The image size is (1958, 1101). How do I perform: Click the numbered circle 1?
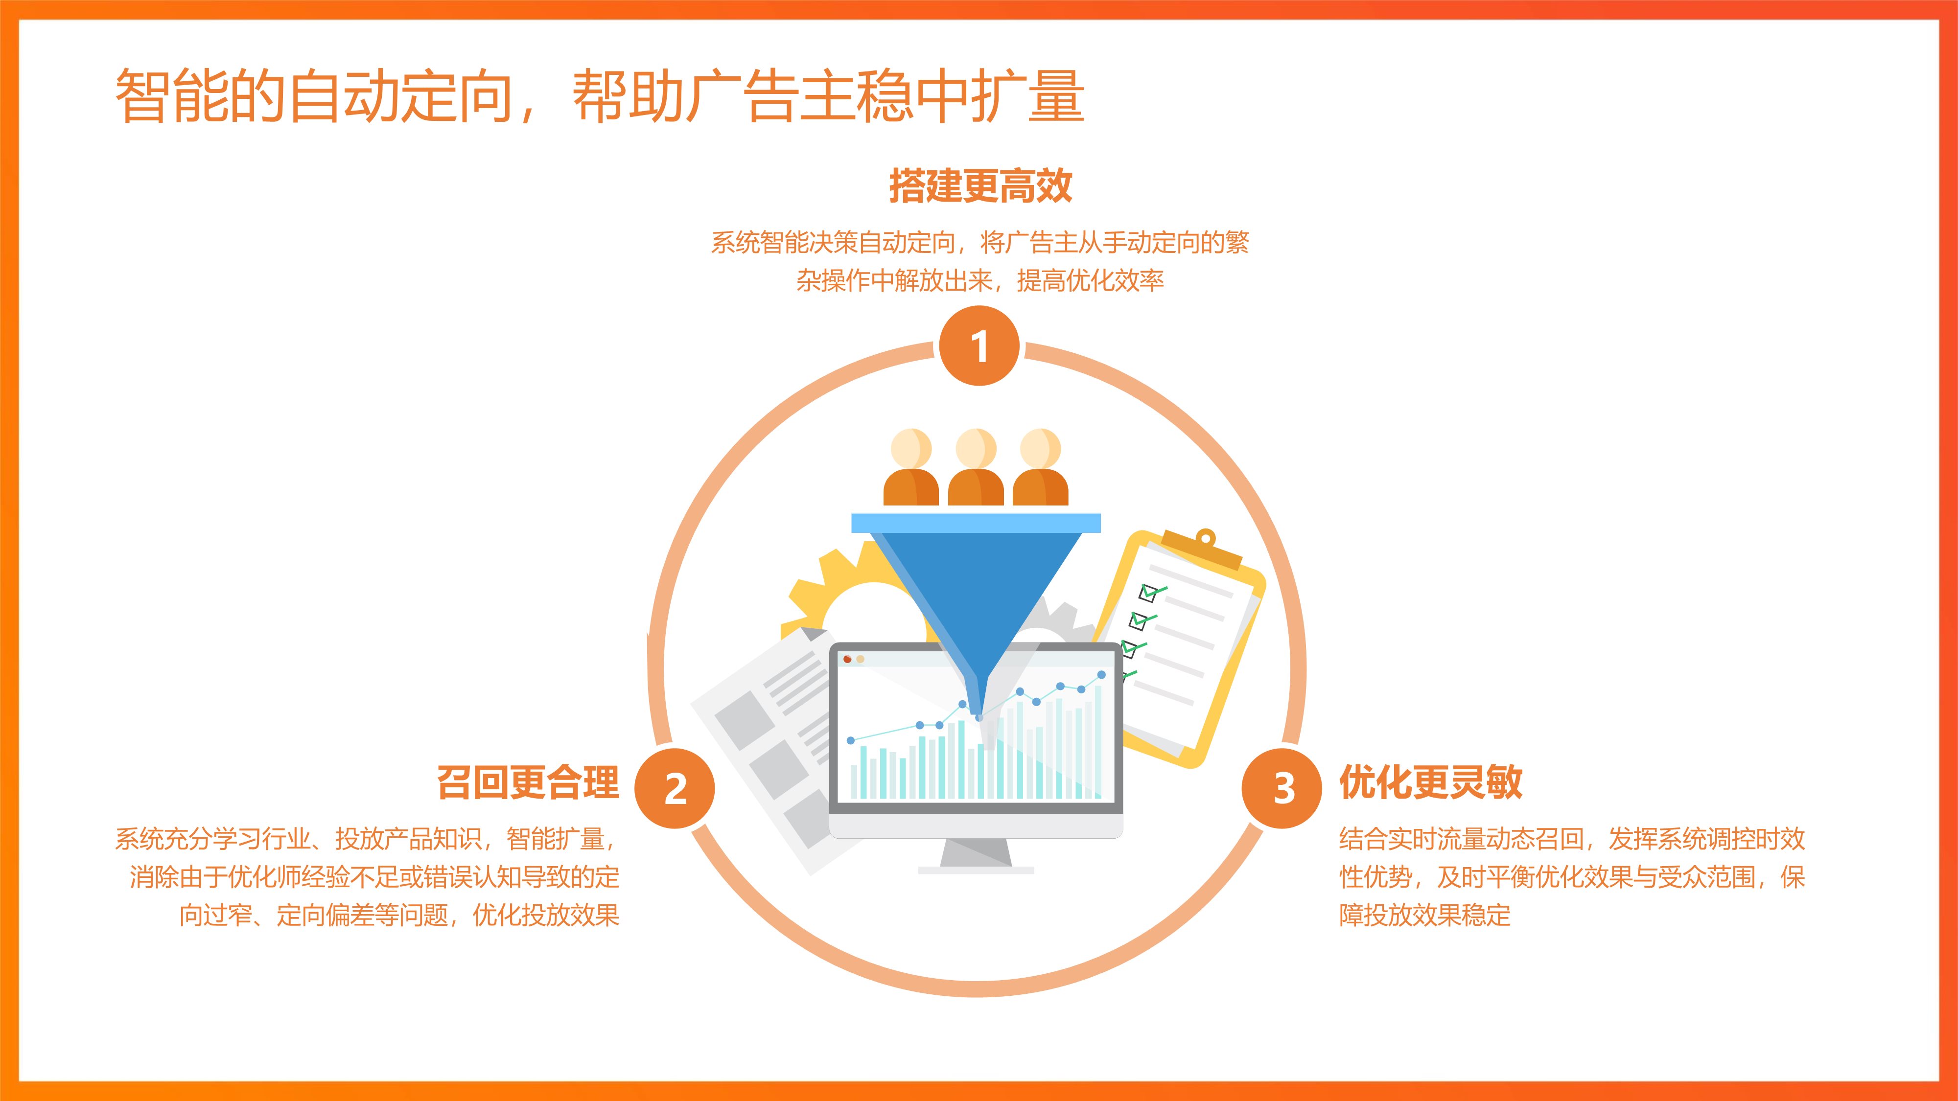[x=979, y=346]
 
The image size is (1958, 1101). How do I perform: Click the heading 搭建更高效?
[x=980, y=186]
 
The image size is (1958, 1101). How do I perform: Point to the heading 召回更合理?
[x=528, y=782]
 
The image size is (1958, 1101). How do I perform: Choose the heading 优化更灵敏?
[x=1430, y=782]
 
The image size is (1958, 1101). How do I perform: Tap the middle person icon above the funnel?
[x=976, y=466]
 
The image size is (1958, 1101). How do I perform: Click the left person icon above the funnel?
[x=911, y=466]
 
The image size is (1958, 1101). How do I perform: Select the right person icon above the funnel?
[x=1041, y=466]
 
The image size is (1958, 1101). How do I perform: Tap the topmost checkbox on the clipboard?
[x=1148, y=592]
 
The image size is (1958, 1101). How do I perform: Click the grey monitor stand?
[x=976, y=855]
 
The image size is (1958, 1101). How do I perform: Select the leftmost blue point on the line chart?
[x=851, y=740]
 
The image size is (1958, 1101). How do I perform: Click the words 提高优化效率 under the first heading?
[x=1090, y=281]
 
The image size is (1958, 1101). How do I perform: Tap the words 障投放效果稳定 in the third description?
[x=1425, y=916]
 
